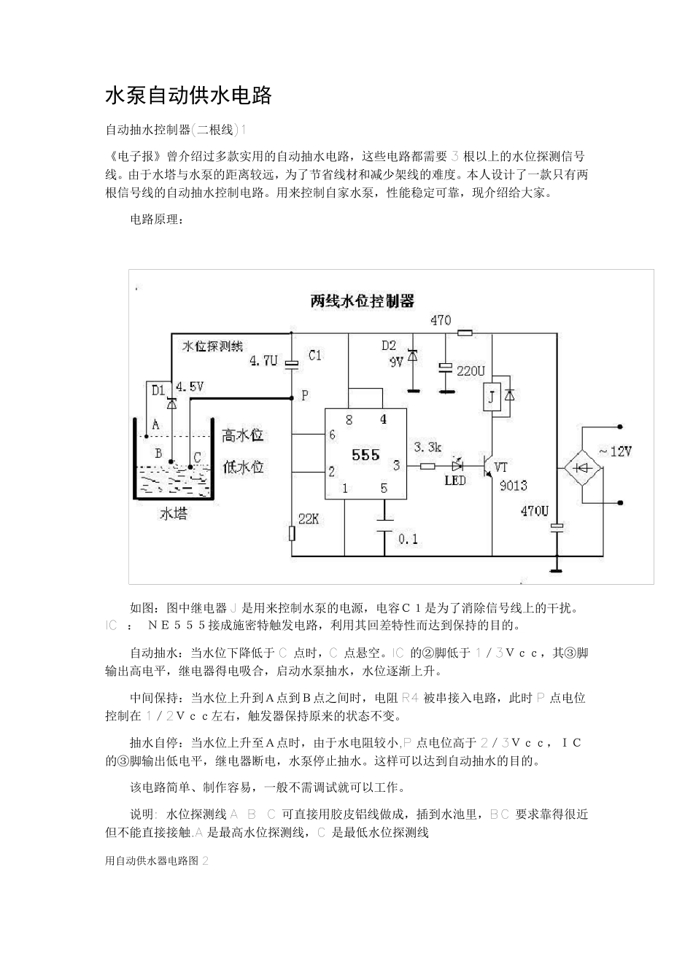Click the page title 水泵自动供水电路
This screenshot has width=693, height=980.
coord(188,96)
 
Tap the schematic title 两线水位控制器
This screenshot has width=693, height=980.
coord(362,300)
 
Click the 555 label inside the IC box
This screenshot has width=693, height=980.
coord(365,455)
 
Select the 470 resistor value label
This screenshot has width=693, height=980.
coord(441,319)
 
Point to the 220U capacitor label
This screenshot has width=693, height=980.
coord(471,371)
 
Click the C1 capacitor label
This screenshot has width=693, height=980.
coord(314,356)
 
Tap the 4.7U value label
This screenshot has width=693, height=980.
coord(263,360)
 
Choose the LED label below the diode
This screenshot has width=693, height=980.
coord(455,481)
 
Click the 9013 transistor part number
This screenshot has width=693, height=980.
coord(513,486)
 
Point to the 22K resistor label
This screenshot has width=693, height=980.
coord(309,518)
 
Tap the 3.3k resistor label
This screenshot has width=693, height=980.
coord(427,446)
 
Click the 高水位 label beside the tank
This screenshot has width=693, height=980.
coord(243,435)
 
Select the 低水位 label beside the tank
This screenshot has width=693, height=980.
coord(243,467)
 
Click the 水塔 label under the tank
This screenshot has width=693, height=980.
coord(174,513)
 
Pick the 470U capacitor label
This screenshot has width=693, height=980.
coord(534,511)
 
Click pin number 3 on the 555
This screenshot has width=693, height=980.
coord(396,464)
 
